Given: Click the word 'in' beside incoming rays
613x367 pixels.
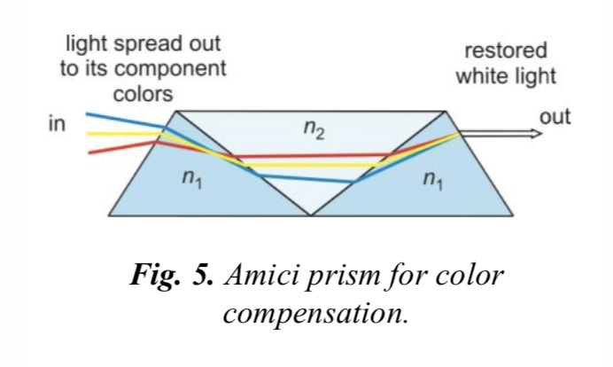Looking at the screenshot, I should point(57,124).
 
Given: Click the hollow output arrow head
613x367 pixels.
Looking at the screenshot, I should point(534,134).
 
